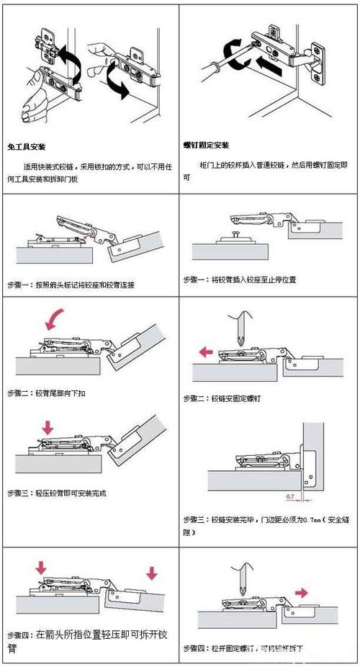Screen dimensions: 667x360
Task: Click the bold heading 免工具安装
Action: (27, 145)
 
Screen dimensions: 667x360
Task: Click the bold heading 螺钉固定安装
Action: (207, 145)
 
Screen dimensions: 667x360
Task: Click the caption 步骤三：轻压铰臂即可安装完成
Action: (57, 493)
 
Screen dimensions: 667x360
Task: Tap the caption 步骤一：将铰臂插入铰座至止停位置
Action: (240, 279)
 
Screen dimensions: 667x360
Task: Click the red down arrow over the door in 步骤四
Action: (151, 573)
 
